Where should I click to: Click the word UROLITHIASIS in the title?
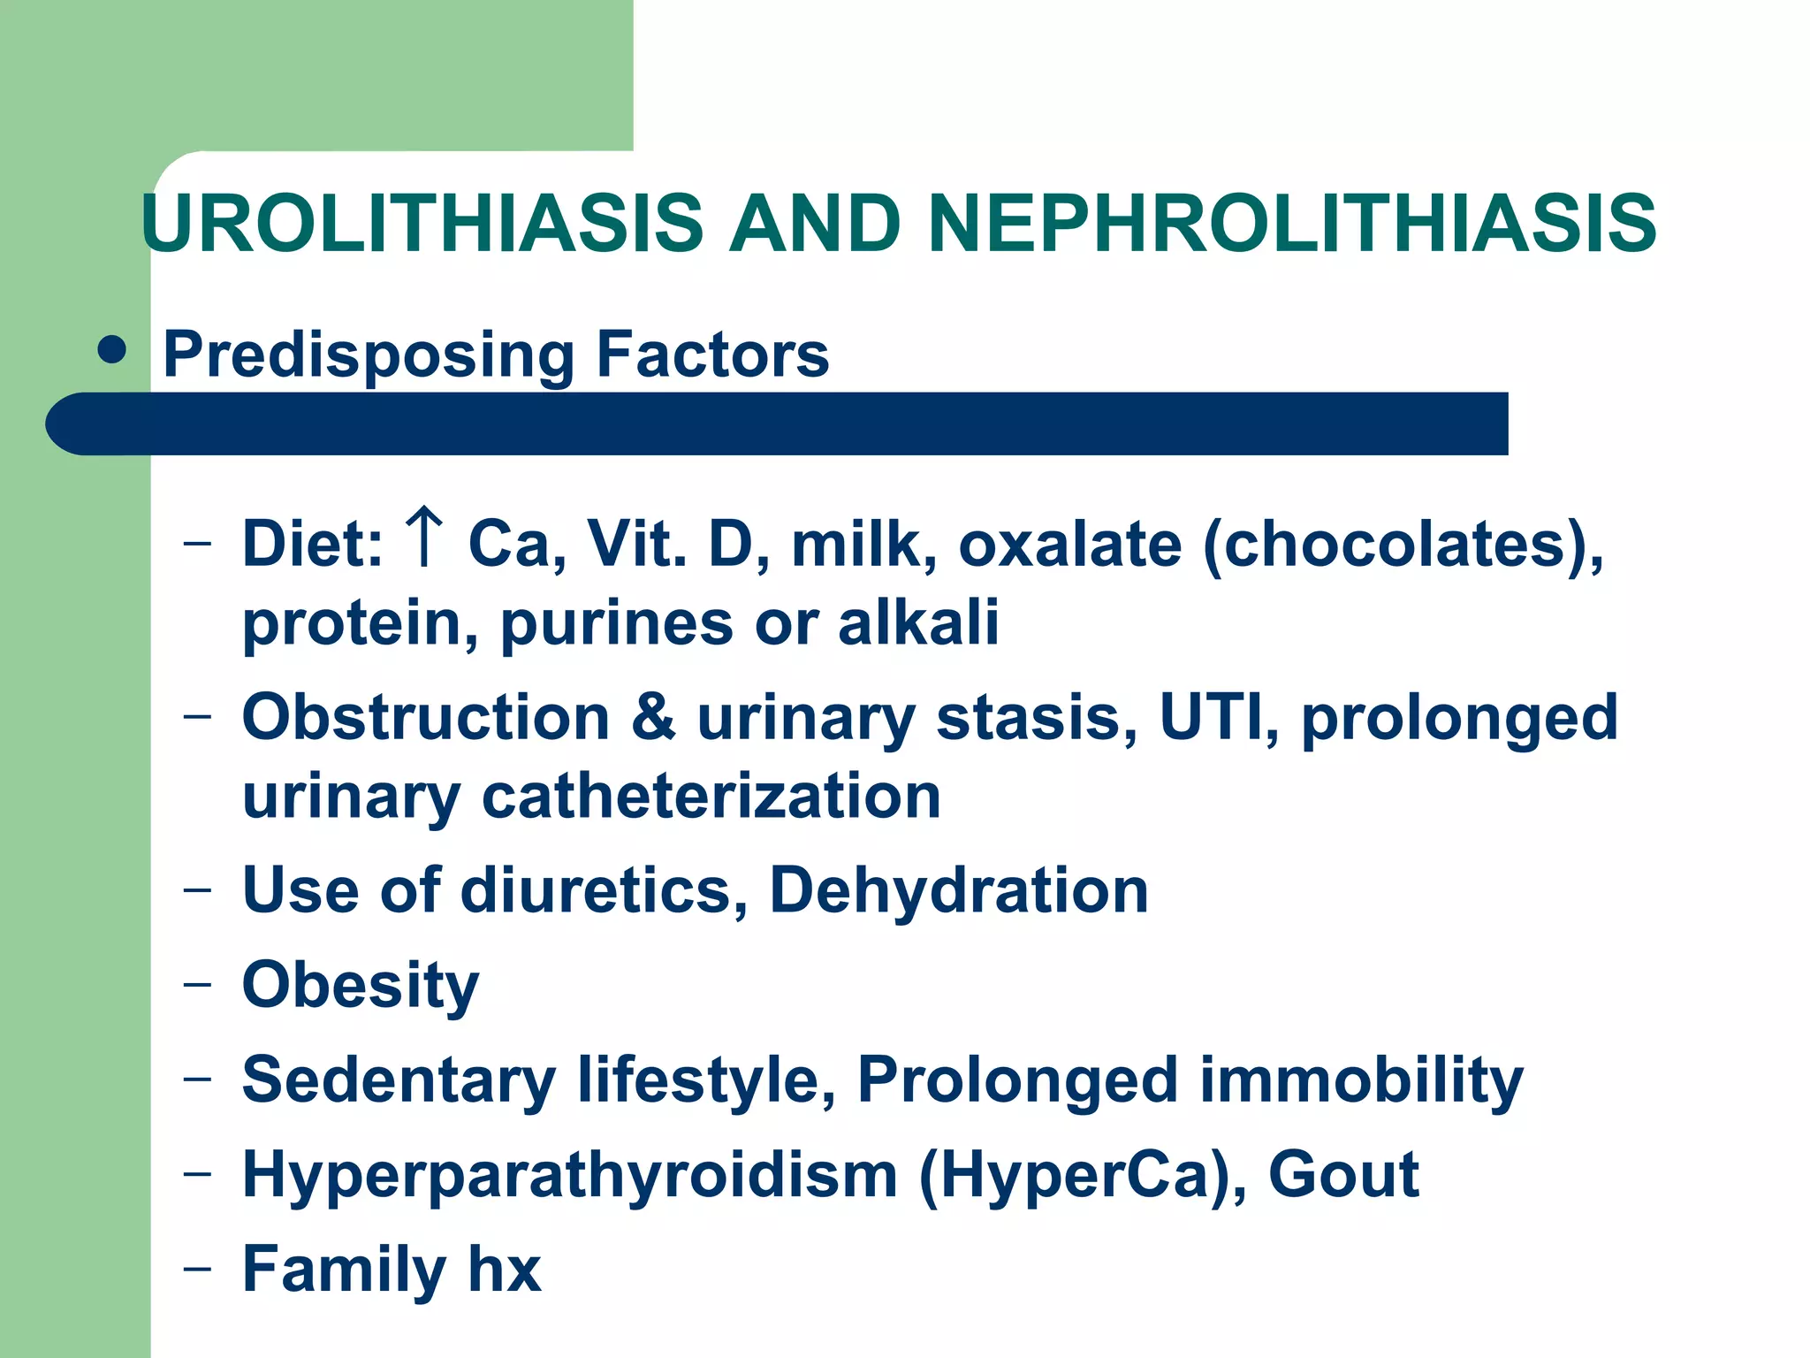coord(422,223)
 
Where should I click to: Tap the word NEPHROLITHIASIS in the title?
coord(1291,223)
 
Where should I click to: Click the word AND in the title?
coord(814,223)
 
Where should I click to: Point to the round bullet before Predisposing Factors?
coord(112,350)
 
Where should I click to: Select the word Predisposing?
coord(369,355)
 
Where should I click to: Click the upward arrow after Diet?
coord(425,537)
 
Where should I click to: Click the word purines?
coord(617,623)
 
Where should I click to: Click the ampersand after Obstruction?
coord(653,717)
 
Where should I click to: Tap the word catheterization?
coord(711,797)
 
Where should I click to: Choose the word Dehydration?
coord(959,890)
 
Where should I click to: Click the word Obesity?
coord(361,986)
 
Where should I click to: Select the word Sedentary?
coord(399,1080)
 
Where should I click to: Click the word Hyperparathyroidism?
coord(570,1176)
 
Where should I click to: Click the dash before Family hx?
coord(197,1268)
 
